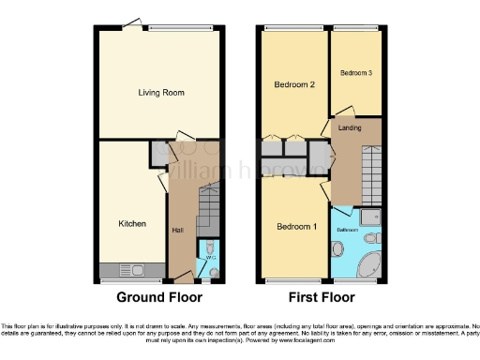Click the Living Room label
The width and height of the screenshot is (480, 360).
[160, 93]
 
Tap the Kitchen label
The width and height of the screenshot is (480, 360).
[131, 224]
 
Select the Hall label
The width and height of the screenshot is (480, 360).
[177, 231]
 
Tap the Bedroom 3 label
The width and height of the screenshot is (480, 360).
[355, 73]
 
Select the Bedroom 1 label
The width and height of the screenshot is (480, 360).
[295, 227]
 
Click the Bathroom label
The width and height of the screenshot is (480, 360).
[349, 229]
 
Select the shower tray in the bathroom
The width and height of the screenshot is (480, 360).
[372, 218]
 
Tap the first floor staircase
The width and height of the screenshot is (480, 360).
[367, 177]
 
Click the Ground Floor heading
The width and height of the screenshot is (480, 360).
[160, 298]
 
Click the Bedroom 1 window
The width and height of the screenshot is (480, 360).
[295, 280]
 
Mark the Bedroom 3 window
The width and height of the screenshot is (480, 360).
[356, 27]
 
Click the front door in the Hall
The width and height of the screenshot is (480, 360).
[184, 279]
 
